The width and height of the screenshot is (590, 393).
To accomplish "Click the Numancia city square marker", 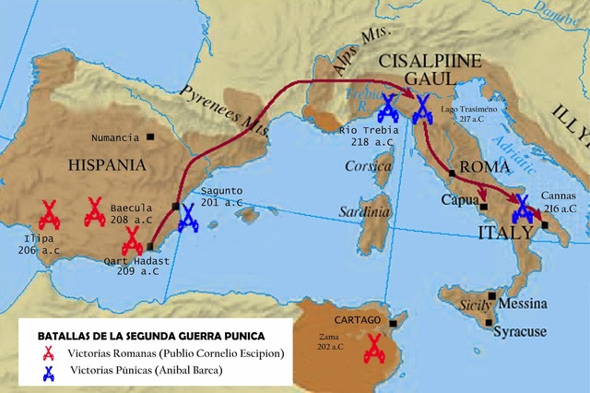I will tap(150, 137).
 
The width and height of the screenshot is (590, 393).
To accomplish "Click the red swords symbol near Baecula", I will tap(94, 211).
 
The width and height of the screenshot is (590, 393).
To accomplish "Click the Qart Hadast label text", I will tap(137, 261).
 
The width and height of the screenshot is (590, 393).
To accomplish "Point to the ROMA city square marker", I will tap(451, 173).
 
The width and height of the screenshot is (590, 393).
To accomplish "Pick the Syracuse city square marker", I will tap(490, 322).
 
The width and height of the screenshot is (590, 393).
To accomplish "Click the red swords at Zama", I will tap(374, 349).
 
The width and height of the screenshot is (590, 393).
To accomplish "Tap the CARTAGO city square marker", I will tap(393, 323).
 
